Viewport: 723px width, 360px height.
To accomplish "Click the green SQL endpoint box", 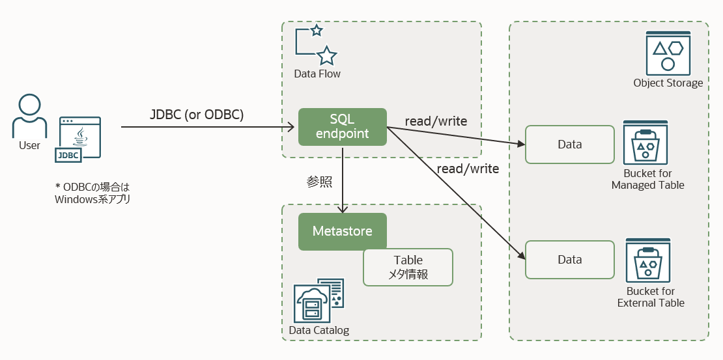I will (x=343, y=127).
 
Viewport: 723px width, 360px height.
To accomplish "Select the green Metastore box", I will (x=343, y=232).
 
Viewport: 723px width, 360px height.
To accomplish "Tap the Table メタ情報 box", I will (x=408, y=267).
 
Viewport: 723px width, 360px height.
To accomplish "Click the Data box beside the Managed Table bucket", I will (x=569, y=145).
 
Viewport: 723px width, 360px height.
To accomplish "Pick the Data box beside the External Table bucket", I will (x=569, y=259).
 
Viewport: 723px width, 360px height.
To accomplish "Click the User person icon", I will (x=29, y=115).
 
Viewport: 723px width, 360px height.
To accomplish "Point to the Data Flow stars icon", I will (x=317, y=44).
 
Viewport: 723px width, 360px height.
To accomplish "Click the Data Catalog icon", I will (x=319, y=300).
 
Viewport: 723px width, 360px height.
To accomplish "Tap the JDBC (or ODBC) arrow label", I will (x=197, y=115).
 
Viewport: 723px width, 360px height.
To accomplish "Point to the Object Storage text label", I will (x=668, y=83).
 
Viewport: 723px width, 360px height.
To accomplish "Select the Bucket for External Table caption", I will (x=651, y=297).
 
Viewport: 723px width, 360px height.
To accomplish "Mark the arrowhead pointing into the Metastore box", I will (x=343, y=209).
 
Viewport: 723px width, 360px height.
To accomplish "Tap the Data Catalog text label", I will (x=319, y=330).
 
